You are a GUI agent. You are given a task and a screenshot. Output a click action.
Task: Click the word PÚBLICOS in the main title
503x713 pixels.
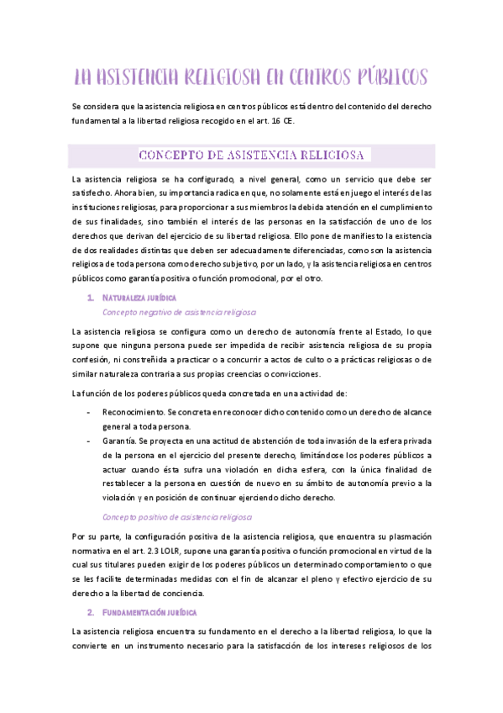tap(388, 77)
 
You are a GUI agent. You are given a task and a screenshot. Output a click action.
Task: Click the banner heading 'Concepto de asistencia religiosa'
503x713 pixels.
tap(250, 156)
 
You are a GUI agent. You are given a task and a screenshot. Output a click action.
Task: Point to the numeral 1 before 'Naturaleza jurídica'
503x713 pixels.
tap(90, 298)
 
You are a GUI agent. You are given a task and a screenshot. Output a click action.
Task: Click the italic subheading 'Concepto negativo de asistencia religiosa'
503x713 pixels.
tap(179, 312)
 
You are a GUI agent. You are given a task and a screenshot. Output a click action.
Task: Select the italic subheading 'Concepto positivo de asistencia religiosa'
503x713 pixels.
tap(177, 516)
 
